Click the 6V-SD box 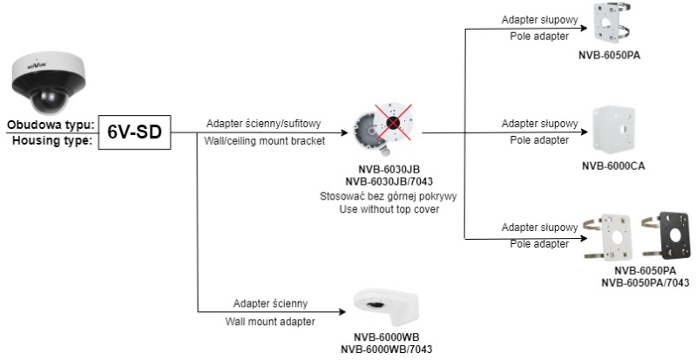click(x=134, y=134)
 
